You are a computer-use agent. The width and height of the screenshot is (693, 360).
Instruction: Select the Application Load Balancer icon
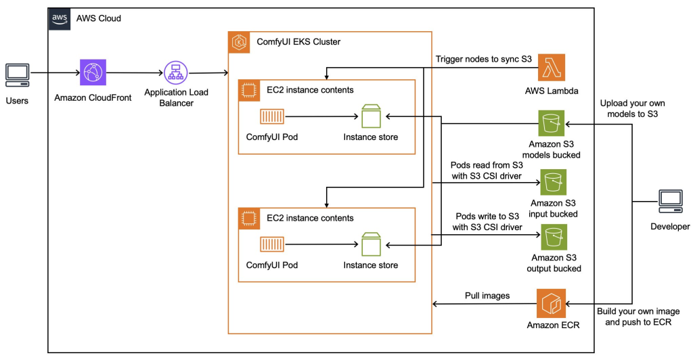tap(175, 73)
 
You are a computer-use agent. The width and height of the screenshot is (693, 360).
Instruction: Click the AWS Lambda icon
tap(552, 68)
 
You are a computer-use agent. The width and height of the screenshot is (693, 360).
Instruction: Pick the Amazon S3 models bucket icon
tap(552, 124)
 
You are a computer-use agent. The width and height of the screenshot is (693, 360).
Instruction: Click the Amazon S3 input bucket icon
tap(552, 182)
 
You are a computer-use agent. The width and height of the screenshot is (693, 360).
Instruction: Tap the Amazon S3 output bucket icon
tap(552, 238)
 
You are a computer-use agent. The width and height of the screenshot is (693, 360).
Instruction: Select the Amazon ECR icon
tap(552, 303)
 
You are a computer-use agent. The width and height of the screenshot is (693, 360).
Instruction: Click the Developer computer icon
tap(670, 201)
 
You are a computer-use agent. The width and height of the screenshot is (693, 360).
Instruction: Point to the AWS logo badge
tap(60, 19)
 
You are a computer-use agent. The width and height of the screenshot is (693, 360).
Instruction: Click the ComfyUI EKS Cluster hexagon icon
tap(239, 42)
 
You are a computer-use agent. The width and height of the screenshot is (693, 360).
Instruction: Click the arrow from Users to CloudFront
tap(54, 72)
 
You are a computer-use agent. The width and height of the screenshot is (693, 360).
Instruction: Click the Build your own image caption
tap(633, 316)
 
